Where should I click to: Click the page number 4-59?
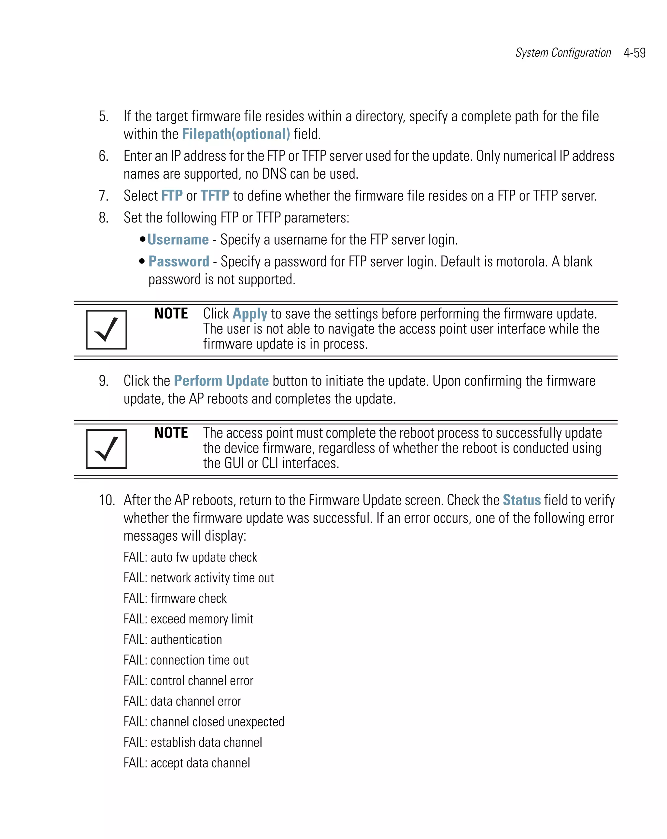click(x=634, y=53)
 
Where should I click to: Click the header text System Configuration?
click(x=563, y=53)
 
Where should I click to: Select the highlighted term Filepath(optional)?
click(x=236, y=134)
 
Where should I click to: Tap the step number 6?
click(x=103, y=156)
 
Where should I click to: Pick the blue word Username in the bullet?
click(x=178, y=240)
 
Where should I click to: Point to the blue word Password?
click(x=179, y=262)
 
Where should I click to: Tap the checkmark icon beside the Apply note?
click(x=106, y=330)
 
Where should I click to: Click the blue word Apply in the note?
click(x=250, y=314)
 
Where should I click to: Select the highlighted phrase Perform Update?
click(x=221, y=381)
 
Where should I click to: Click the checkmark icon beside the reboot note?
click(x=106, y=449)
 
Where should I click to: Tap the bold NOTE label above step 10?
click(x=171, y=433)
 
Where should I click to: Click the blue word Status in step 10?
click(x=521, y=500)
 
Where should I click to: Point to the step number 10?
click(x=106, y=500)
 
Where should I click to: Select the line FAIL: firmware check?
click(x=175, y=599)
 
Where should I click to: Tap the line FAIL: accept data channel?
click(x=187, y=763)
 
